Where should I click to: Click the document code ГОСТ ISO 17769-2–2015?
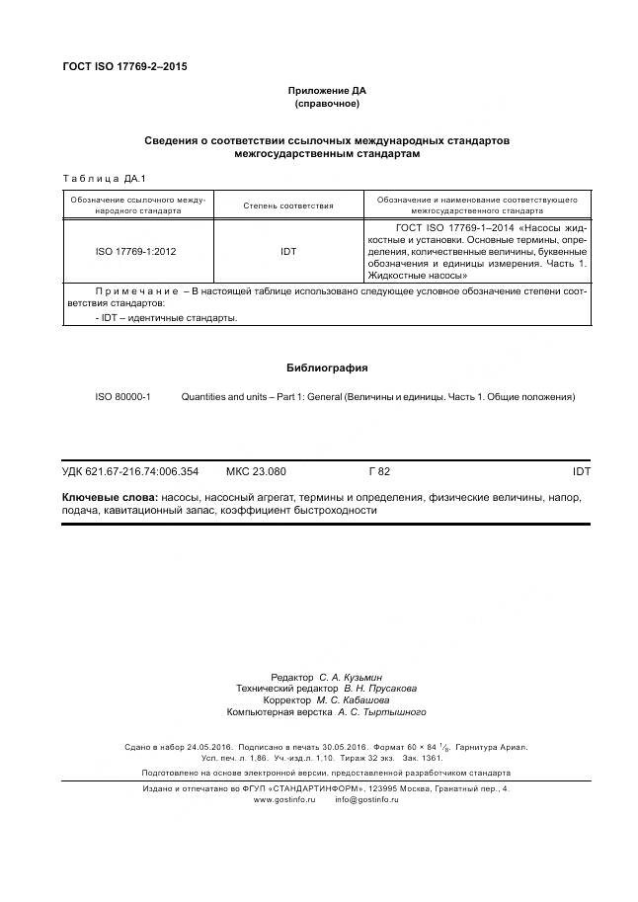(124, 66)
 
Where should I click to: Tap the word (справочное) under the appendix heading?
(326, 104)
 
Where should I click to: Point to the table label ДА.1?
(133, 178)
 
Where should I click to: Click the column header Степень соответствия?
(288, 205)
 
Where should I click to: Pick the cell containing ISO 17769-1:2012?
(135, 252)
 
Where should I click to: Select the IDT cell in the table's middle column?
(288, 252)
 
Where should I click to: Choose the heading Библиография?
(326, 368)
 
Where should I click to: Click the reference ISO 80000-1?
(122, 396)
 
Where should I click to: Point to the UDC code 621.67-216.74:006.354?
(143, 472)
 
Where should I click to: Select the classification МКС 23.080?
(256, 472)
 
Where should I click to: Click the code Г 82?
(379, 472)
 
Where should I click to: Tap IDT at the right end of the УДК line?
(581, 472)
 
